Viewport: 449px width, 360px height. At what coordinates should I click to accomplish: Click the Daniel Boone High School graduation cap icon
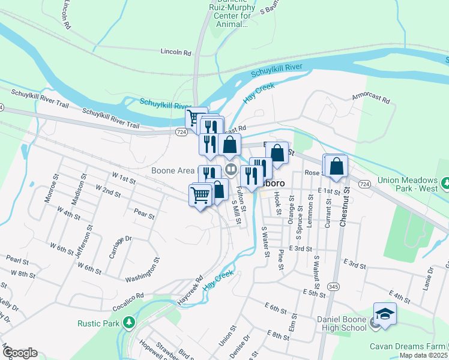pyautogui.click(x=385, y=313)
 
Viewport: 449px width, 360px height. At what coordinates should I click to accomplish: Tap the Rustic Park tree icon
pyautogui.click(x=128, y=323)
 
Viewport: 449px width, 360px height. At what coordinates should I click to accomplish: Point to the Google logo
pyautogui.click(x=20, y=353)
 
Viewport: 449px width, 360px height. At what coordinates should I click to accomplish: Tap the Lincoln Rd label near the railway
pyautogui.click(x=175, y=52)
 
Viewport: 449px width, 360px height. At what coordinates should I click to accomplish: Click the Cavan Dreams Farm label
pyautogui.click(x=407, y=346)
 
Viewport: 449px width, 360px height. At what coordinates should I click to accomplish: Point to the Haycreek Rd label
pyautogui.click(x=191, y=289)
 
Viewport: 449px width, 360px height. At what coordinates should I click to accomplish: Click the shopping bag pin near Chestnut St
pyautogui.click(x=338, y=167)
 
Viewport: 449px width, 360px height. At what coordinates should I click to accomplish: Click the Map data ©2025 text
pyautogui.click(x=423, y=355)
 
